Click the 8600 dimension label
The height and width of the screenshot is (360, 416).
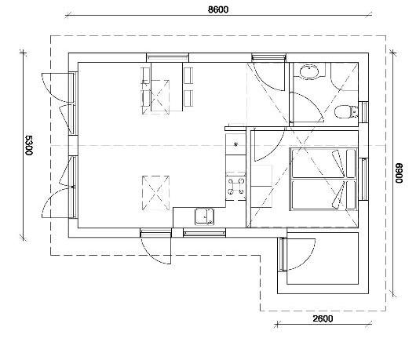[x=218, y=9]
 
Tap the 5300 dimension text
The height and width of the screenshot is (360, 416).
[x=28, y=145]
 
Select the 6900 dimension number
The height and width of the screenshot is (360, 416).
[x=399, y=173]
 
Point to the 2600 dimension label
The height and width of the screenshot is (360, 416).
[x=323, y=318]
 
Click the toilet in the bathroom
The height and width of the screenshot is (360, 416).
[x=345, y=111]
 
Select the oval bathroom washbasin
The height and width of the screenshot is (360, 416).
[x=309, y=71]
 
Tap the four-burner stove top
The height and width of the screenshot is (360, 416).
[x=235, y=186]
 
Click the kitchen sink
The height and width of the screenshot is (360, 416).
[x=204, y=216]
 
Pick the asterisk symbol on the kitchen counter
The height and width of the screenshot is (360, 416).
[x=235, y=144]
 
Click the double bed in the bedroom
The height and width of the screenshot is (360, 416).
[x=323, y=180]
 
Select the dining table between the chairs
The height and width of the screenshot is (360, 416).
[x=167, y=87]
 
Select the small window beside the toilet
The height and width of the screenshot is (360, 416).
[x=364, y=112]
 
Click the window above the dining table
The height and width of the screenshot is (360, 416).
[x=167, y=57]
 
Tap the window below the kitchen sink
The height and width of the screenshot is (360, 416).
[x=204, y=233]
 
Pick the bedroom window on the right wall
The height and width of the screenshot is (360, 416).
[x=364, y=179]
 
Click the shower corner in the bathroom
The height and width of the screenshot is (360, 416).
[x=345, y=76]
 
